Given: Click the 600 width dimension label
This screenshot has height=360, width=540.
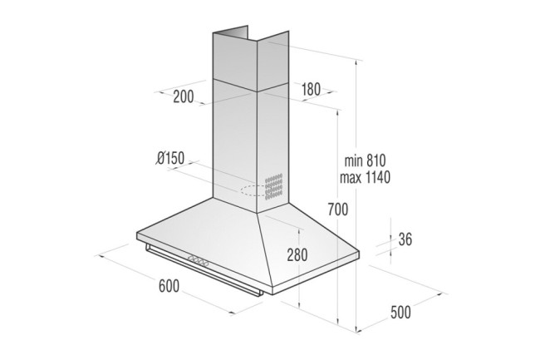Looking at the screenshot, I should [169, 286].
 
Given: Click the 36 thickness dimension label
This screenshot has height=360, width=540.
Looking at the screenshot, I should [406, 239].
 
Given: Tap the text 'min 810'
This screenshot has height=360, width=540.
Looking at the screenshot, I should [365, 160].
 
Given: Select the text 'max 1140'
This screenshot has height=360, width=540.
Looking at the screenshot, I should [366, 177].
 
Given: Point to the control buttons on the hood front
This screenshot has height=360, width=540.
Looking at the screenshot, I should [200, 260].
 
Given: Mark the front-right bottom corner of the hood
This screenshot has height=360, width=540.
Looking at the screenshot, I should [268, 297].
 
